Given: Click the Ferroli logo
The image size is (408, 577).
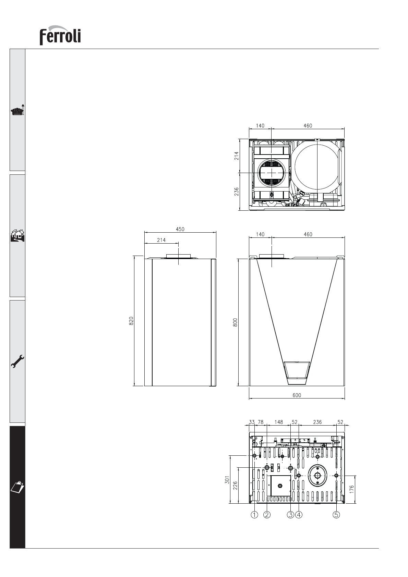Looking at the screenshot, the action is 60,35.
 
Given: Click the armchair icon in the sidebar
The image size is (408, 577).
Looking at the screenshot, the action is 17,110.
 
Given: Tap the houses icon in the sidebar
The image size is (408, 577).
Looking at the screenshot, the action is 17,235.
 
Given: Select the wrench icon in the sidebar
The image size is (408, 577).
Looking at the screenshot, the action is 17,361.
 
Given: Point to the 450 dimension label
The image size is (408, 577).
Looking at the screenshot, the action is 180,229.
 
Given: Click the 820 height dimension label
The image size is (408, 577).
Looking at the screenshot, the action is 131,321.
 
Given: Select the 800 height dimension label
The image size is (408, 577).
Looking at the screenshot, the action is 235,322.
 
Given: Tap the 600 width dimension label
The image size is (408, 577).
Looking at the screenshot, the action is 297,395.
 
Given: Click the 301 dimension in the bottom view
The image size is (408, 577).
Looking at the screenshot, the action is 227,480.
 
